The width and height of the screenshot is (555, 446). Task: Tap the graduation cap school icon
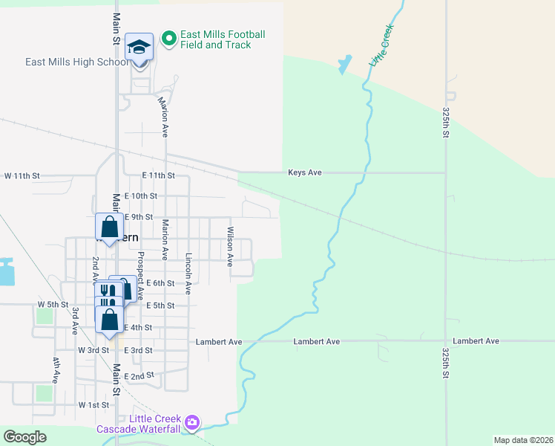(139, 48)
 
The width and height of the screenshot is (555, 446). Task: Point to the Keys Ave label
(305, 172)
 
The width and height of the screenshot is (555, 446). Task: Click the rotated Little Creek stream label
(381, 46)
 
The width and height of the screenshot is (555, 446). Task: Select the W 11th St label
(21, 176)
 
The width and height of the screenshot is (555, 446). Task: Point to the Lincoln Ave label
(189, 273)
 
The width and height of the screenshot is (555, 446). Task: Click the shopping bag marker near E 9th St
(109, 227)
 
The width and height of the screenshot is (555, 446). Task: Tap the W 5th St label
(53, 305)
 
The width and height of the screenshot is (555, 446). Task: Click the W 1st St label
(93, 405)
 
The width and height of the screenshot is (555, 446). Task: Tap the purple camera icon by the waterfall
(192, 423)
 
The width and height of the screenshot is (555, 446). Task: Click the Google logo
(24, 437)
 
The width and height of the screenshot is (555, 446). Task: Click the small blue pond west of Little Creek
(344, 65)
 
